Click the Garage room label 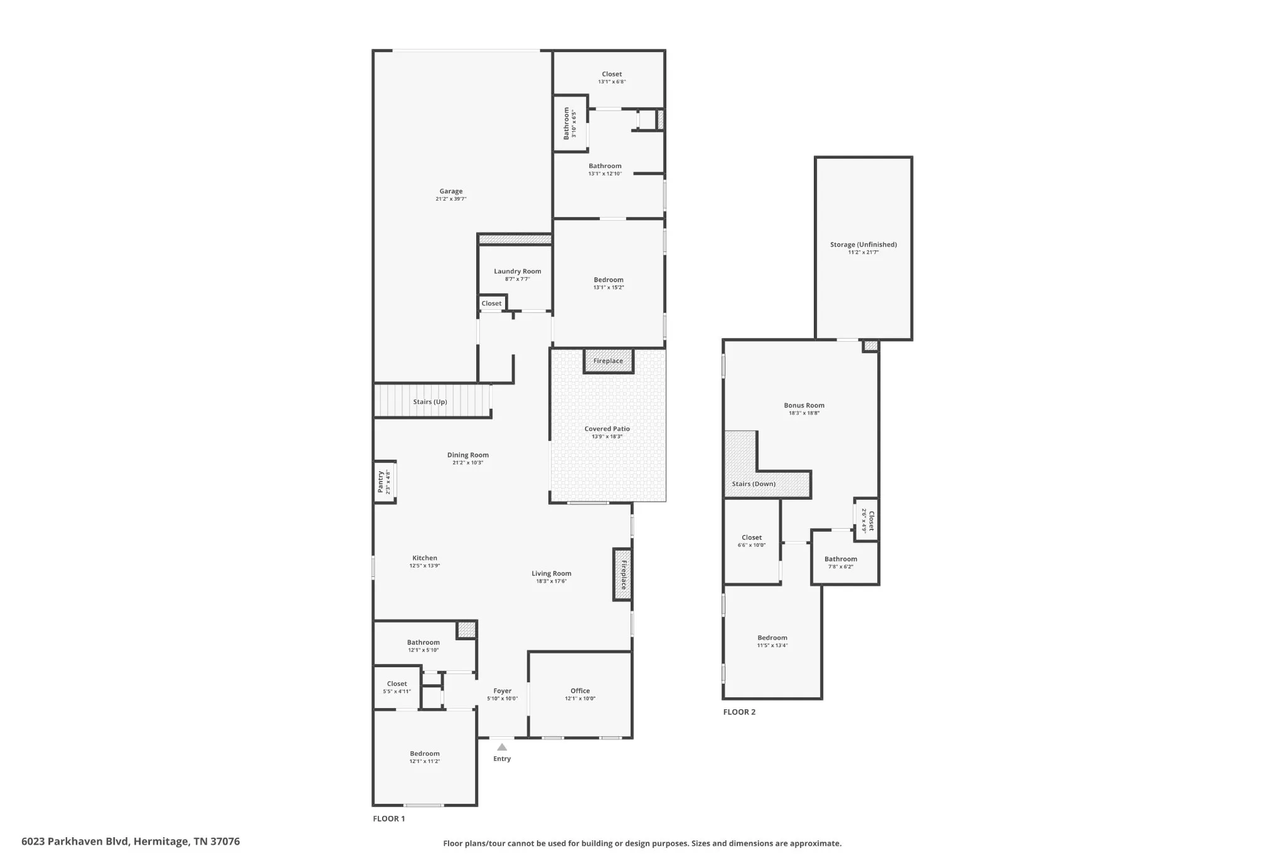(451, 191)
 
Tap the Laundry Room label (518, 272)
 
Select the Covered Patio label (607, 429)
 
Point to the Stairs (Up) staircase (432, 401)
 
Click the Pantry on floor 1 (385, 482)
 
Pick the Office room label (580, 691)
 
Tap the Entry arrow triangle (502, 747)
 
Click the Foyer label (503, 691)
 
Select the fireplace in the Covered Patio (609, 361)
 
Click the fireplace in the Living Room (622, 574)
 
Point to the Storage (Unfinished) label (863, 245)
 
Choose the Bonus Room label (804, 405)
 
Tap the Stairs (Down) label (754, 484)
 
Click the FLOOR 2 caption (739, 712)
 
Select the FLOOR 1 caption (389, 818)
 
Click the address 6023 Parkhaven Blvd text (75, 842)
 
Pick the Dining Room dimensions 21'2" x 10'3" (468, 463)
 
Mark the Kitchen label (425, 558)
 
